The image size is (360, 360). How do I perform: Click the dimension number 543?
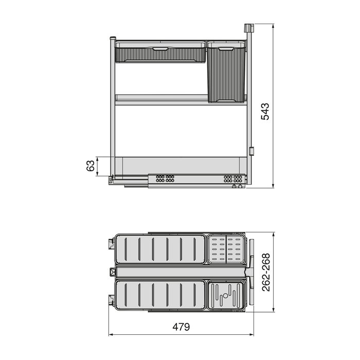(265, 111)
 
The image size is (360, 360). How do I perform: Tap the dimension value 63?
(90, 166)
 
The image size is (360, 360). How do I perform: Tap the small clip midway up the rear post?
(251, 151)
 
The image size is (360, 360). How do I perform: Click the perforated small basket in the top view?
(226, 249)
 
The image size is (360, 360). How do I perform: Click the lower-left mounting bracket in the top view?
(112, 299)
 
